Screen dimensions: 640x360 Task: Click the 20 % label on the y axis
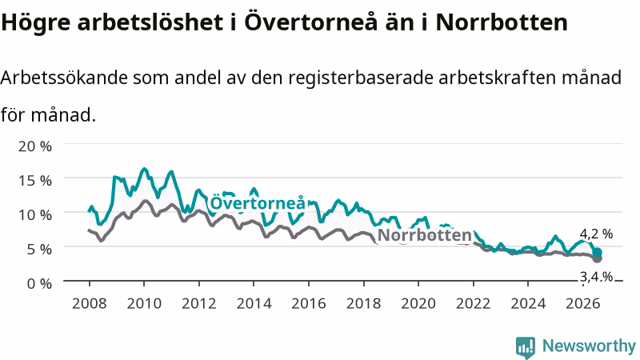[x=35, y=146]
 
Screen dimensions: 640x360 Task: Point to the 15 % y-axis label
[x=35, y=180]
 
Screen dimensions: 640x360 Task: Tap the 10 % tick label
[x=35, y=214]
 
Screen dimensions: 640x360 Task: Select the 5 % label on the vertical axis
[x=39, y=249]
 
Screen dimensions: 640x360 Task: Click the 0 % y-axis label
[x=39, y=283]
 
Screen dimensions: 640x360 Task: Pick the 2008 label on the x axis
[x=90, y=303]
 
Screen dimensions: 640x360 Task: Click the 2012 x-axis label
[x=198, y=303]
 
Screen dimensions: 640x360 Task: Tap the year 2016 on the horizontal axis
[x=309, y=303]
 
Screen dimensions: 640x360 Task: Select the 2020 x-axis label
[x=418, y=303]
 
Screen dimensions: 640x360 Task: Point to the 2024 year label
[x=528, y=303]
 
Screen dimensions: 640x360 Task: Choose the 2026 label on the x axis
[x=583, y=303]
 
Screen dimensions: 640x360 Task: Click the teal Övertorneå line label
[x=258, y=202]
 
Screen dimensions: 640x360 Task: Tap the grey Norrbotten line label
[x=425, y=235]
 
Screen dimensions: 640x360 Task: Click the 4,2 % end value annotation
[x=596, y=234]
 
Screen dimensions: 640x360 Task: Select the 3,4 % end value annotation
[x=596, y=277]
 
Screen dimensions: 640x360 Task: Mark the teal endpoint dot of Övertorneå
[x=597, y=252]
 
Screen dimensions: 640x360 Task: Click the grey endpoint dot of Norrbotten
[x=597, y=258]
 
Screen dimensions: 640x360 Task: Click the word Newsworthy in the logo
[x=589, y=346]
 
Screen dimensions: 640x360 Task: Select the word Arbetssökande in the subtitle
[x=64, y=78]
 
